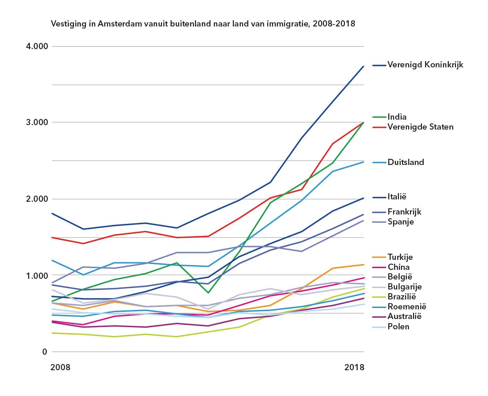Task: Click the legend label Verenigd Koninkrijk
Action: [425, 65]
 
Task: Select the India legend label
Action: [397, 117]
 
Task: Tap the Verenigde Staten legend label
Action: [420, 127]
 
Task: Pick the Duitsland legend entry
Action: [405, 162]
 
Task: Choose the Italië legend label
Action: [397, 197]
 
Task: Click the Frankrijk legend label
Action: [404, 212]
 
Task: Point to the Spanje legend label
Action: [400, 222]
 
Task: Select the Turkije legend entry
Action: [400, 257]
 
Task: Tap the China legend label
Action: [398, 267]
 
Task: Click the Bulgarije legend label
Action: [404, 287]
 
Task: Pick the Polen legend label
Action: [398, 327]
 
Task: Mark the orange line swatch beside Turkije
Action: [379, 257]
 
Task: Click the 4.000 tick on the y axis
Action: [37, 46]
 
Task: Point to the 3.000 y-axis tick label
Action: [37, 122]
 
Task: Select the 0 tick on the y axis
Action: [44, 352]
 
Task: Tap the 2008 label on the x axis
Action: [60, 367]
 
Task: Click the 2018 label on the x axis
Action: [354, 367]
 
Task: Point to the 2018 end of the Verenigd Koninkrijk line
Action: [364, 66]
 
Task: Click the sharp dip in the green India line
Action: [208, 293]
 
